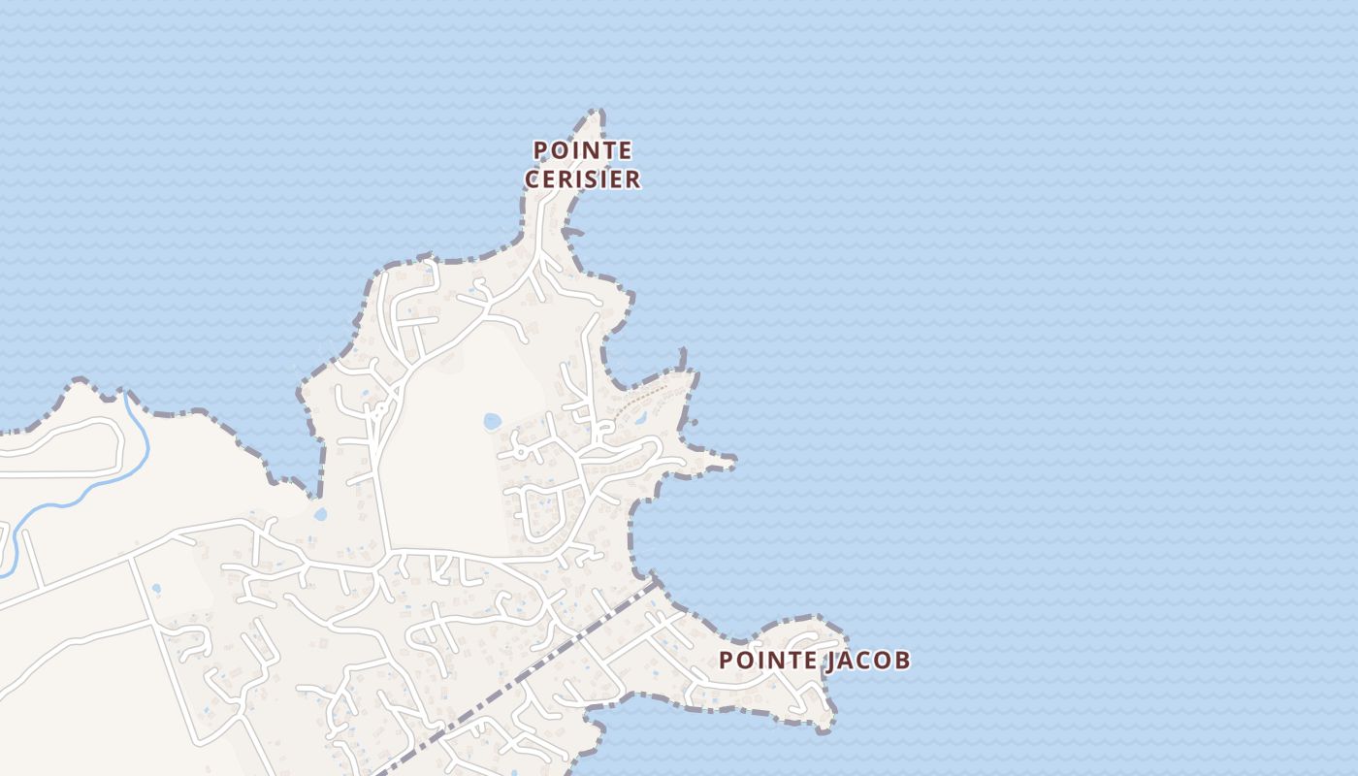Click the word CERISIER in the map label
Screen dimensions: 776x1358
point(582,179)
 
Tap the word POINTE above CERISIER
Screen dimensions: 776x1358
point(582,151)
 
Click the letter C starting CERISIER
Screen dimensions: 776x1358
point(533,179)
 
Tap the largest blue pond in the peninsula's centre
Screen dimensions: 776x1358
point(492,421)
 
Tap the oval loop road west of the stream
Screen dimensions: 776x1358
point(58,448)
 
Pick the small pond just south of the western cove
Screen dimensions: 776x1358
point(320,514)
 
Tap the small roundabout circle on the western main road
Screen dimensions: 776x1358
point(381,408)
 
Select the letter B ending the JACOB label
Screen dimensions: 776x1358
point(902,661)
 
